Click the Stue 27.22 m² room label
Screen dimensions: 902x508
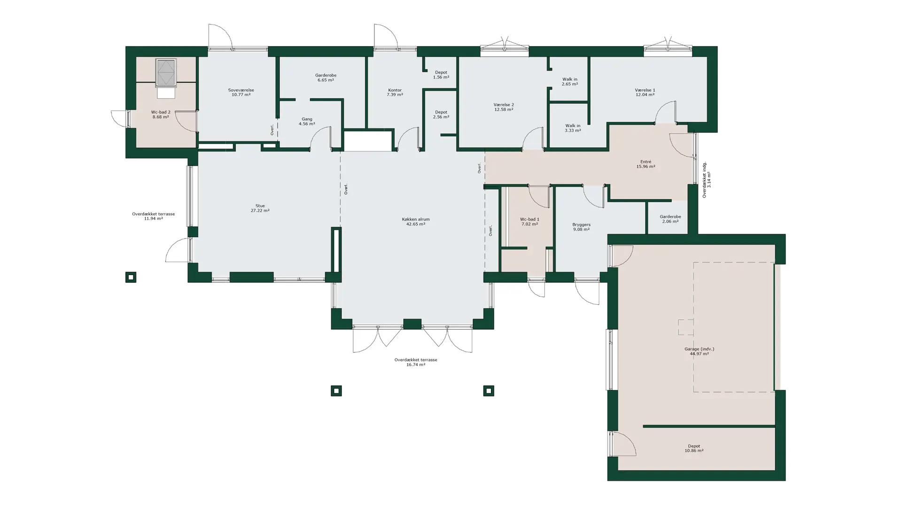pyautogui.click(x=260, y=208)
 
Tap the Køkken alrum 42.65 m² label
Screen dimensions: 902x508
pyautogui.click(x=416, y=222)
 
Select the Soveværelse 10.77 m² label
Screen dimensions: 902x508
pyautogui.click(x=241, y=92)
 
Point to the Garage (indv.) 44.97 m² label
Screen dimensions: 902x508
pyautogui.click(x=699, y=351)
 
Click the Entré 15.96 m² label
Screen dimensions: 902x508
pyautogui.click(x=645, y=164)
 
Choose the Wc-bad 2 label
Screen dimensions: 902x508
pyautogui.click(x=161, y=112)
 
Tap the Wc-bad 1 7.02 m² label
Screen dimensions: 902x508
pyautogui.click(x=529, y=222)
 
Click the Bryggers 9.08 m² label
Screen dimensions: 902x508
pyautogui.click(x=581, y=227)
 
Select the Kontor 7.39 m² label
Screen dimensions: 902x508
pyautogui.click(x=395, y=92)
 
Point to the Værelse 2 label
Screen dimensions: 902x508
pyautogui.click(x=504, y=104)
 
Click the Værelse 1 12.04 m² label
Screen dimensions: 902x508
pyautogui.click(x=645, y=92)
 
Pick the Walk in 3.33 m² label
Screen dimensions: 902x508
pyautogui.click(x=573, y=128)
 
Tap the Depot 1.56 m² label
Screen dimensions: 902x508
pyautogui.click(x=441, y=75)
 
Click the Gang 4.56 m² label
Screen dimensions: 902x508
pyautogui.click(x=307, y=121)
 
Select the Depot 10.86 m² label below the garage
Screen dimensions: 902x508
pyautogui.click(x=694, y=448)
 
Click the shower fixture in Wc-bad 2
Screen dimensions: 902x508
pyautogui.click(x=166, y=73)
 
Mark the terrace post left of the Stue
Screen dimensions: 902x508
pyautogui.click(x=131, y=278)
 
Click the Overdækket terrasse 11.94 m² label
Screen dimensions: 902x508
pyautogui.click(x=153, y=216)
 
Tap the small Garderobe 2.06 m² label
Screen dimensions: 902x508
pyautogui.click(x=670, y=219)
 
